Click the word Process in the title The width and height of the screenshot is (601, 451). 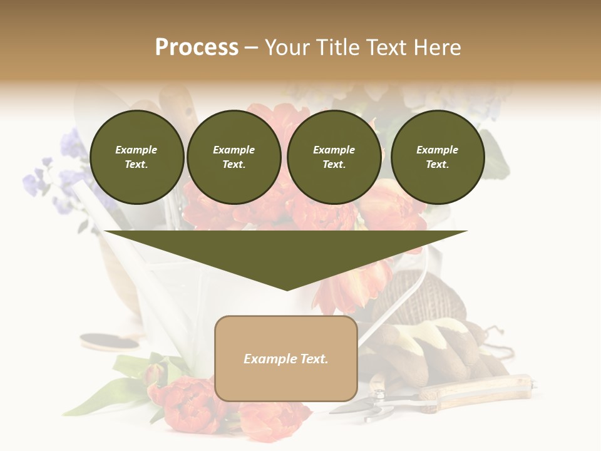(x=197, y=48)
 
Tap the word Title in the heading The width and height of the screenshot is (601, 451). (x=338, y=48)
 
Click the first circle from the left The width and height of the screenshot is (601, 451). (x=136, y=157)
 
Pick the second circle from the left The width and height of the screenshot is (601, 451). (x=234, y=157)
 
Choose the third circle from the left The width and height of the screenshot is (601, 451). (x=334, y=157)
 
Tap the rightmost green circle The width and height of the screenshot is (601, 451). (x=437, y=157)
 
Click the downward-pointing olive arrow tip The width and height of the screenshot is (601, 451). (x=286, y=285)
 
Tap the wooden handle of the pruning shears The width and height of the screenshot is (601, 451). (x=476, y=388)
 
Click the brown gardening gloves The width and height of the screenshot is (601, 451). (x=432, y=351)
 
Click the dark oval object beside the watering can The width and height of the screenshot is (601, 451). (x=110, y=341)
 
